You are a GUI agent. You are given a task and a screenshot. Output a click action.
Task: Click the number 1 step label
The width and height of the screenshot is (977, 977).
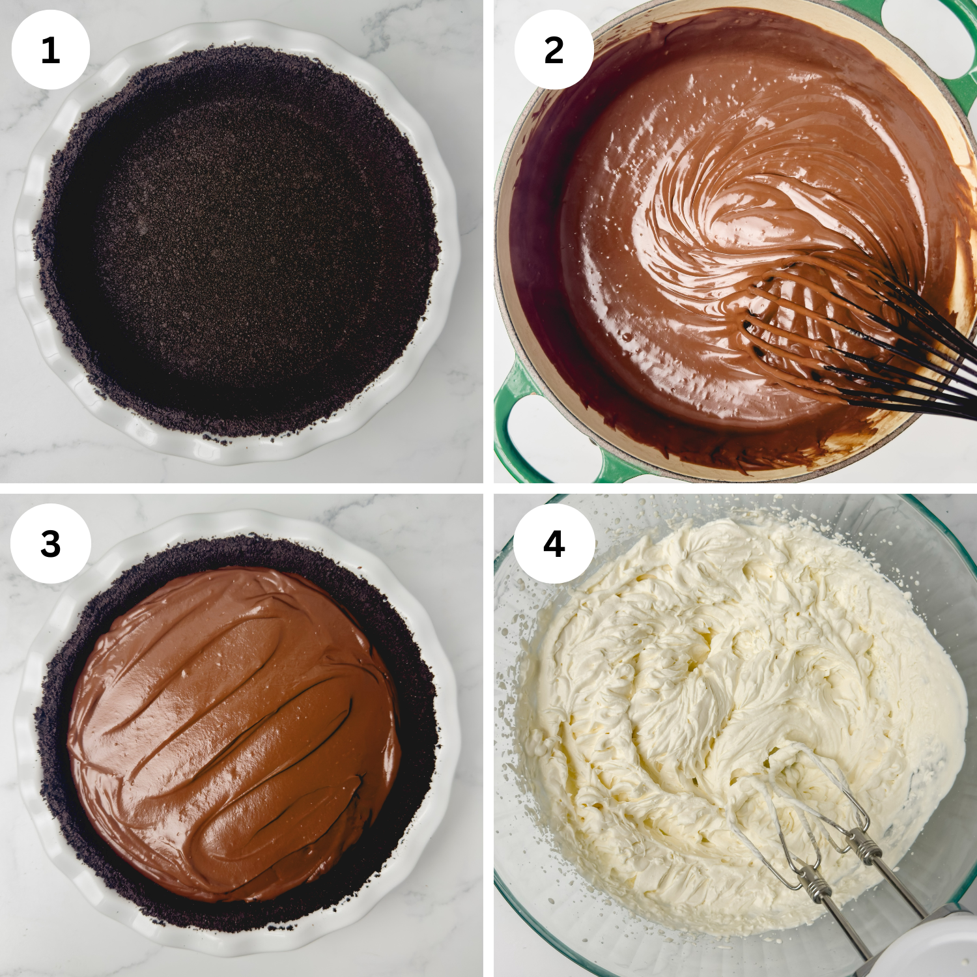click(x=50, y=50)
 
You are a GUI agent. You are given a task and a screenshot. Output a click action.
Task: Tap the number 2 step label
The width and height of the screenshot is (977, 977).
click(x=554, y=50)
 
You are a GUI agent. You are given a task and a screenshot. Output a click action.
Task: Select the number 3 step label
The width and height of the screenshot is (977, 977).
click(x=50, y=543)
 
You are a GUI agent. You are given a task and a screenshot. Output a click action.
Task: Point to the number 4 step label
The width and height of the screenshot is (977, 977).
click(x=554, y=543)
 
